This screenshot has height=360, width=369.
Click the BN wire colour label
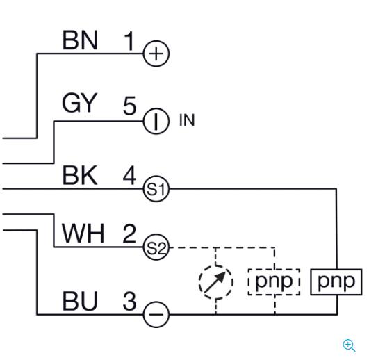(80, 40)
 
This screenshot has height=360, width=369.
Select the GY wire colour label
(79, 103)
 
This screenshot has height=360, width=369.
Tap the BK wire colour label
(79, 175)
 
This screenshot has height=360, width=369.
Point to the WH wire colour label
(83, 234)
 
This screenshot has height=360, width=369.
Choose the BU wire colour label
(80, 301)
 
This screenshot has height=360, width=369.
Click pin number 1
(129, 42)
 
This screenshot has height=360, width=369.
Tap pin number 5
(129, 106)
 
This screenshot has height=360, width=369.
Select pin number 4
(129, 175)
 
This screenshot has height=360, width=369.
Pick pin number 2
(129, 234)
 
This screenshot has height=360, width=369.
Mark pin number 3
(130, 301)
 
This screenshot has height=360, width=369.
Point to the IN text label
(187, 120)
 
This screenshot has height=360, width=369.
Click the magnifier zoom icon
(349, 345)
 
